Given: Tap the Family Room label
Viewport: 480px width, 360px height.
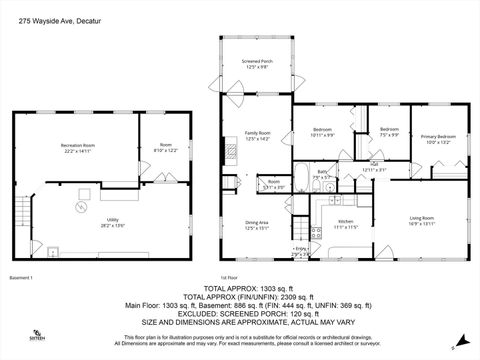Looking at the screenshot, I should click(258, 135).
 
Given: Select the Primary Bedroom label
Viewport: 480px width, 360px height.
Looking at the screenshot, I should click(438, 139).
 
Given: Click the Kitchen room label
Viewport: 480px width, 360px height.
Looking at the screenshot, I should click(345, 223).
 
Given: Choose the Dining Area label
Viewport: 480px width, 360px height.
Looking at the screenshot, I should click(258, 225).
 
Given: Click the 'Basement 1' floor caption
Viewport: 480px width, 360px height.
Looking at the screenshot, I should click(22, 277).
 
